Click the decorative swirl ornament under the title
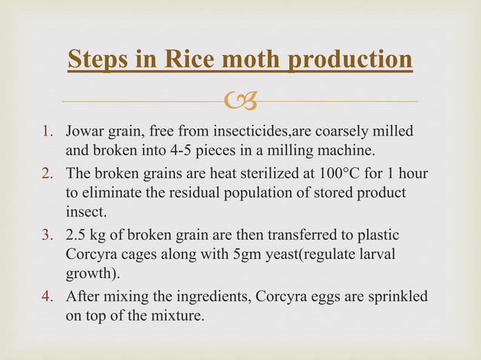click(x=241, y=99)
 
